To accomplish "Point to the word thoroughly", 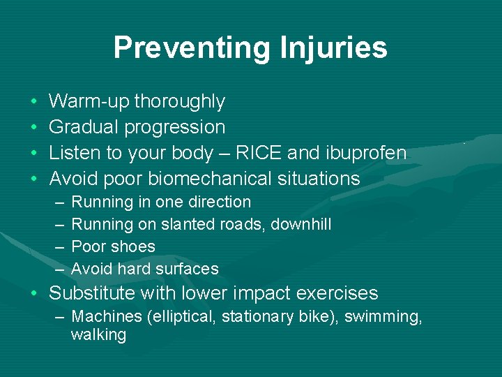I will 179,102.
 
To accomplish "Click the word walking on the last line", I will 98,335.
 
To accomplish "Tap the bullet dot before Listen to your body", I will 35,154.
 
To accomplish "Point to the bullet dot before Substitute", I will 35,294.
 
